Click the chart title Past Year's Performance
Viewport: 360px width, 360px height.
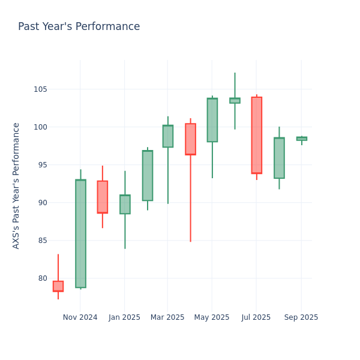[79, 27]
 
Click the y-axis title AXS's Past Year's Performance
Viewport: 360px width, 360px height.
[16, 185]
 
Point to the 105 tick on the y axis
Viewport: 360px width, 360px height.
[41, 89]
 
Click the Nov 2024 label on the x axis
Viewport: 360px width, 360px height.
[80, 317]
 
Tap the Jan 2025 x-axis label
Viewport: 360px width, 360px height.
[124, 317]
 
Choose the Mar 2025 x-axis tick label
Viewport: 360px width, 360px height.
[167, 317]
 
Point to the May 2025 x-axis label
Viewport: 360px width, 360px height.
[212, 317]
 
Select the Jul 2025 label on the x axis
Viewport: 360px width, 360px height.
[256, 317]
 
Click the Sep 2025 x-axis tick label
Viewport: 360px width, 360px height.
[301, 317]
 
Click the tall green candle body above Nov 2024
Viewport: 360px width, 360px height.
[80, 233]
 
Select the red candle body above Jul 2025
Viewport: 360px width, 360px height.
[256, 135]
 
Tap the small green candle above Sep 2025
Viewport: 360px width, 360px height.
[301, 139]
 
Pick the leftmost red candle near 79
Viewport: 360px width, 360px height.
[58, 286]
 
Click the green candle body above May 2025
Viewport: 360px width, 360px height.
[212, 120]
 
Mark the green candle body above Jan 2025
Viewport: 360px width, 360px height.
[125, 204]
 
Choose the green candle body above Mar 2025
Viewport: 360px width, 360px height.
[167, 136]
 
